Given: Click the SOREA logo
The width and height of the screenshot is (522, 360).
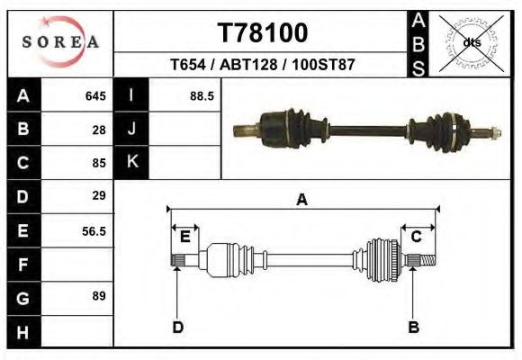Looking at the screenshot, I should coord(59,41).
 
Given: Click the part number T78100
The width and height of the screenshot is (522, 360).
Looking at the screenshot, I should coord(263,33).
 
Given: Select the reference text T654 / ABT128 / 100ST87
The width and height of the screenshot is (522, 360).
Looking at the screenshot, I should coord(262,66).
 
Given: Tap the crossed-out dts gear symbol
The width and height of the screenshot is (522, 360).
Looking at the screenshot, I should coord(472,43).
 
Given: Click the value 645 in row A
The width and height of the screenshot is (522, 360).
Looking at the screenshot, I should coord(95,95).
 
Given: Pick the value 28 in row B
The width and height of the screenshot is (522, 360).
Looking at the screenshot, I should coord(99,129).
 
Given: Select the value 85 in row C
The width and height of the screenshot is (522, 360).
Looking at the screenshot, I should coord(99,163).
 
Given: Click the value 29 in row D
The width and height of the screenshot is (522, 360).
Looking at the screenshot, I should coord(99,195).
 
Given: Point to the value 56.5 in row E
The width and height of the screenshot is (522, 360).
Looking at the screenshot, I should coord(94,230).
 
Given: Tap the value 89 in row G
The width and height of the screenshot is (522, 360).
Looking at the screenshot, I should coord(99,296).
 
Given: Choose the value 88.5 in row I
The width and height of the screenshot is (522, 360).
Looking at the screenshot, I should coord(201,95).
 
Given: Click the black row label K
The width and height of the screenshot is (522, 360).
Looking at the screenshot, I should coord(131,162).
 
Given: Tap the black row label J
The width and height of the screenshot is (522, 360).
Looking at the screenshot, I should coord(131,129).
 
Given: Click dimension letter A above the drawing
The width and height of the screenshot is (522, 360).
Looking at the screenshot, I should coord(301,200).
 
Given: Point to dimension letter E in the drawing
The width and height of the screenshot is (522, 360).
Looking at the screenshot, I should coord(184,237).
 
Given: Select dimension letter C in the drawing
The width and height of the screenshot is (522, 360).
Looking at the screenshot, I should coord(417,237).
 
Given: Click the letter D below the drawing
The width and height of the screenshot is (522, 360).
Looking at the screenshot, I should coord(177,327).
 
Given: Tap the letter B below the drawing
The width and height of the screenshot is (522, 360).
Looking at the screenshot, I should coord(414,327).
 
